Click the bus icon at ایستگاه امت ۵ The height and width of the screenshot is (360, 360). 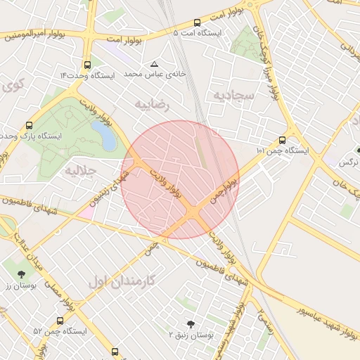(196, 22)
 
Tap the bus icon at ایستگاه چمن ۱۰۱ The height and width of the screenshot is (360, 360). (282, 139)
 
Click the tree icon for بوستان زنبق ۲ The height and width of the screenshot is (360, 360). (191, 324)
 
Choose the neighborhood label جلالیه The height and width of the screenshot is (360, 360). (79, 170)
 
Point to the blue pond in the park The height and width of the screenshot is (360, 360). (104, 134)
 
